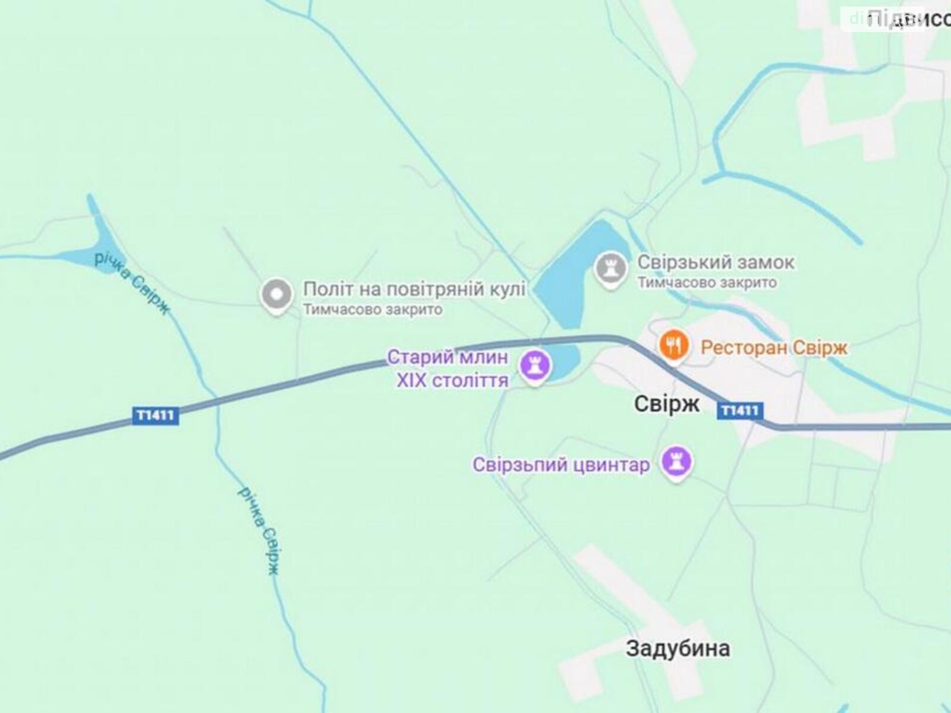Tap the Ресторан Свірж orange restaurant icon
[673, 345]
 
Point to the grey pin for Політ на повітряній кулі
[276, 295]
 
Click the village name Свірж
[666, 405]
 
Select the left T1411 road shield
[155, 415]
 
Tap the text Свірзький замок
[716, 262]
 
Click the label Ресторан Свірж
[774, 347]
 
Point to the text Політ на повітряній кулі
[414, 289]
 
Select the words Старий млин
[448, 358]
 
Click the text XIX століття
[452, 380]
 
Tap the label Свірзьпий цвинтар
[561, 465]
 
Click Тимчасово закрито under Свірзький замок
[707, 283]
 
